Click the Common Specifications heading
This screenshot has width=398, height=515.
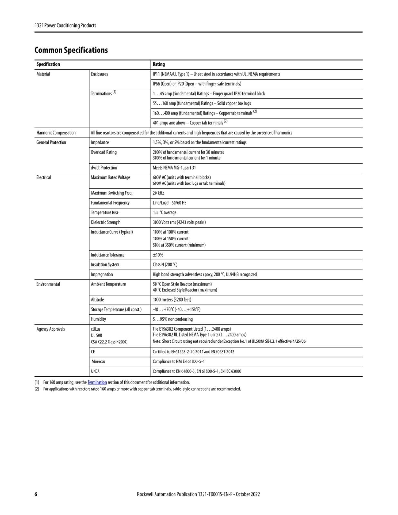(71, 50)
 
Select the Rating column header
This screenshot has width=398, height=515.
(159, 64)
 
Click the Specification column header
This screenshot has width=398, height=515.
(48, 64)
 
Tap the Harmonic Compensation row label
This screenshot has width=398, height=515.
(56, 133)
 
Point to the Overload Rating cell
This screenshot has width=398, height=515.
(104, 152)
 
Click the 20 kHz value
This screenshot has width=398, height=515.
(158, 193)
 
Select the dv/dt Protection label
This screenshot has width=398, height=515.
(104, 168)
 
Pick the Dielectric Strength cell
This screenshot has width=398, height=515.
(106, 222)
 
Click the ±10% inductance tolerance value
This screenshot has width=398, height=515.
(158, 255)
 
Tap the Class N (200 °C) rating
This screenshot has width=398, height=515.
(165, 265)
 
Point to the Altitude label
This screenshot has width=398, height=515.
(97, 300)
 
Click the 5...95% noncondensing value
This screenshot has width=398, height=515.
(173, 319)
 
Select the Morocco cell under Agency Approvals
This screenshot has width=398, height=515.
(98, 361)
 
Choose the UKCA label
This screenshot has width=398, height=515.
(95, 371)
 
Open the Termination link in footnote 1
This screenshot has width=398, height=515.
(97, 382)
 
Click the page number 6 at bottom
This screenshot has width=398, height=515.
(36, 494)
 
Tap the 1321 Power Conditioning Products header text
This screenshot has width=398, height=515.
(65, 25)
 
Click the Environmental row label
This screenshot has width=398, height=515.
(48, 284)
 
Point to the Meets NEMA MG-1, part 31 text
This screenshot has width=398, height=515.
(174, 168)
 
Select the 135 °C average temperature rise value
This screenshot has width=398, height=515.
(165, 213)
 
